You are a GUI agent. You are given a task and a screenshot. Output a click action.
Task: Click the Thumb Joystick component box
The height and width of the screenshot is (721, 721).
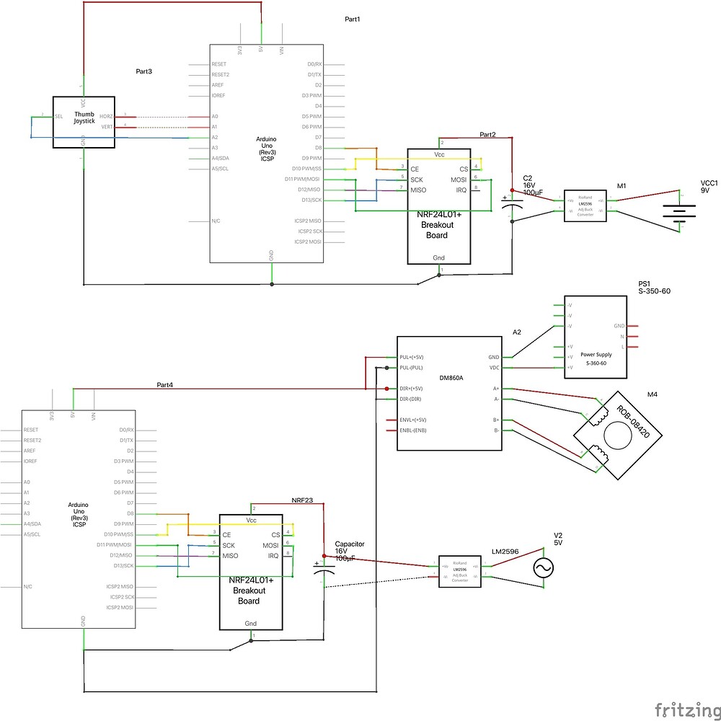coord(84,123)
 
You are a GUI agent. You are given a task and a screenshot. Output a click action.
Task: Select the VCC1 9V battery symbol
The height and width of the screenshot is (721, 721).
coord(679,211)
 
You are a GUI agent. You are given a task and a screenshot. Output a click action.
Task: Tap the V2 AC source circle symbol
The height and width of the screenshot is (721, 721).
coord(542,569)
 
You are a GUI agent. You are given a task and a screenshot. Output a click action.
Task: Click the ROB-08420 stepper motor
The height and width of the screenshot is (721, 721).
coord(616,433)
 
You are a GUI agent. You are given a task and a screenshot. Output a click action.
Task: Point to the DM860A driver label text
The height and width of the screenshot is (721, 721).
coord(451,377)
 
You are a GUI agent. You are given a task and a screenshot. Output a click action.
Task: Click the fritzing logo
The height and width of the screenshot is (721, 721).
coord(686,710)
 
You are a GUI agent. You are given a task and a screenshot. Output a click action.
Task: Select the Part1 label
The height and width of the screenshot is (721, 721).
coord(352,19)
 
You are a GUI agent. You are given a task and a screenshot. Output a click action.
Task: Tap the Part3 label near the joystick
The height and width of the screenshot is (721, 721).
coord(144,72)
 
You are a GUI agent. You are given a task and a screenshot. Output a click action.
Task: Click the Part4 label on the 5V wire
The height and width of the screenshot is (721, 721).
coord(165,384)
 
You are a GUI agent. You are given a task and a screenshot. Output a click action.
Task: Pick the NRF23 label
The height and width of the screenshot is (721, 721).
coord(302,499)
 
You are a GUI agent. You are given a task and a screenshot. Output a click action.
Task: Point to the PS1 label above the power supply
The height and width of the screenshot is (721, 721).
coord(645,284)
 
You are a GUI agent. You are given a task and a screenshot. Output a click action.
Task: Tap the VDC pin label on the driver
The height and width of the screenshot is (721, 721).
coord(494,368)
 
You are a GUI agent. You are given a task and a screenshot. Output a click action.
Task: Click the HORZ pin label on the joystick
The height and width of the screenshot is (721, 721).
coord(107,116)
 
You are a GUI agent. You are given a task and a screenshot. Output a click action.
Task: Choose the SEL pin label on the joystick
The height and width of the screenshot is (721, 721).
coord(59,116)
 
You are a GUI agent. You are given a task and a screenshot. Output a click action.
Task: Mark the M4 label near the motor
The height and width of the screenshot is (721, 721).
coord(653,394)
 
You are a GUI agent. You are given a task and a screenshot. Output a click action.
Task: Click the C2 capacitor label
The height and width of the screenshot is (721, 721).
coord(528,177)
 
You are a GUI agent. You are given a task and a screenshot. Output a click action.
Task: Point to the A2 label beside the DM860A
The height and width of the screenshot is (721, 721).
coord(516,332)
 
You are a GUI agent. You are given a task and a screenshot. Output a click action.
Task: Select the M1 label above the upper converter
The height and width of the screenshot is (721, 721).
coord(622,186)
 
